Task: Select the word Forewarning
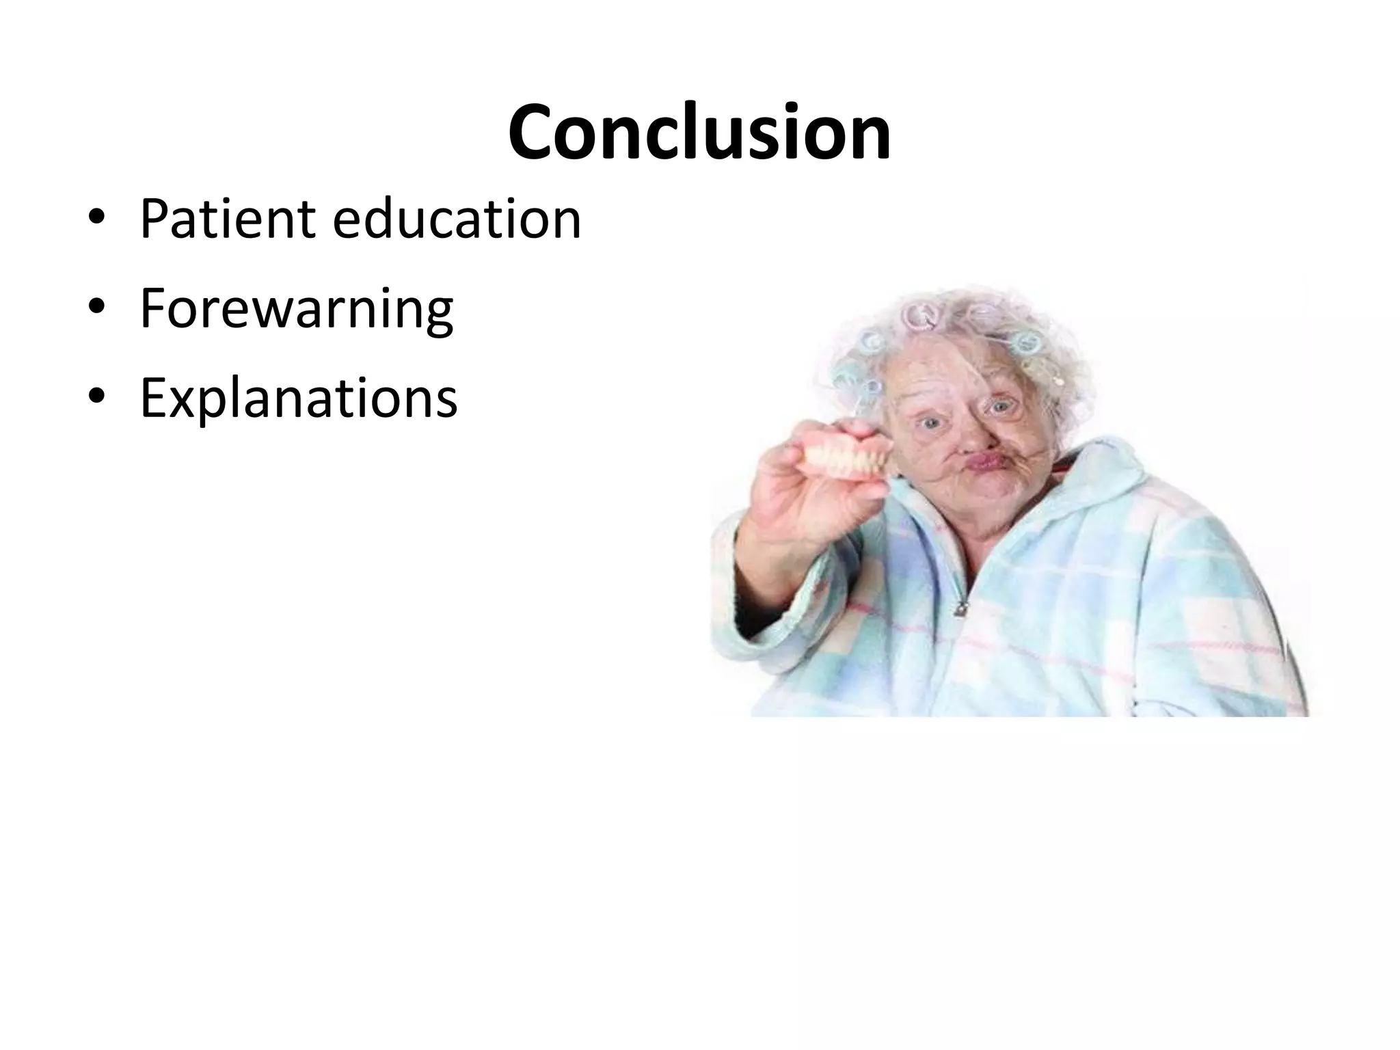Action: (x=297, y=309)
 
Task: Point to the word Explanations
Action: (x=299, y=398)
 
